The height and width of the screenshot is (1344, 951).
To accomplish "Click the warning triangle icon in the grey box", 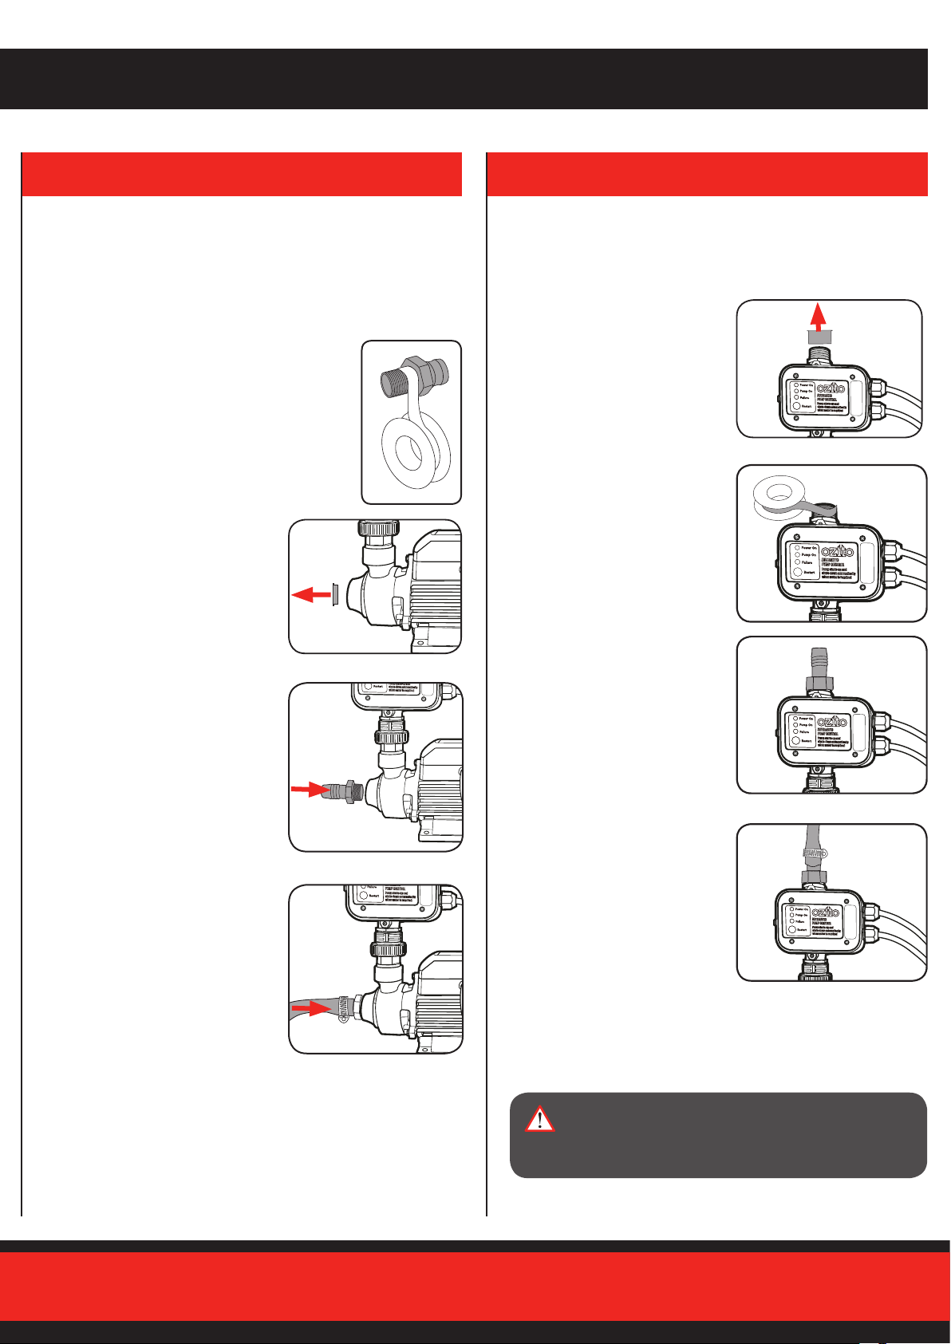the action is [540, 1118].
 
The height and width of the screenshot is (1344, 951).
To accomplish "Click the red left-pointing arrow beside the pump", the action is [310, 594].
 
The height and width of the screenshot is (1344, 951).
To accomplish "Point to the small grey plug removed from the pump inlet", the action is [335, 595].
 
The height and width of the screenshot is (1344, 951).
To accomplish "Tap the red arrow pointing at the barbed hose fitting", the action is [304, 789].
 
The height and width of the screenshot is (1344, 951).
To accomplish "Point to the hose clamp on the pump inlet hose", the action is [341, 1011].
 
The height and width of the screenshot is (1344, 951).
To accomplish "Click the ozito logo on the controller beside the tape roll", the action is [837, 551].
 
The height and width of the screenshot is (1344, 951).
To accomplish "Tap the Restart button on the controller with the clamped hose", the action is [795, 929].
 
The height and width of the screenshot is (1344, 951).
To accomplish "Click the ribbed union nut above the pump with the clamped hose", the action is [389, 948].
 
